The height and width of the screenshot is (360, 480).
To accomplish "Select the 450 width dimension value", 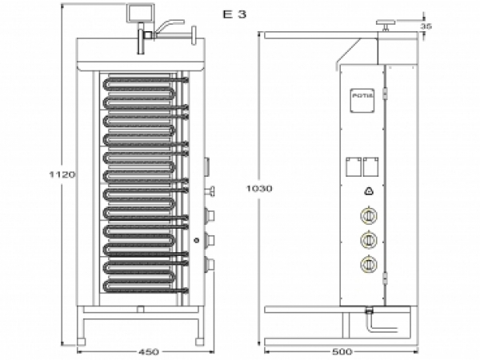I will pyautogui.click(x=146, y=350).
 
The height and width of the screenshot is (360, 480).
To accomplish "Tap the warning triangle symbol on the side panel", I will pyautogui.click(x=369, y=190).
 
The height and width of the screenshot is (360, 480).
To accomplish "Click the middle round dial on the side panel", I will pyautogui.click(x=369, y=239).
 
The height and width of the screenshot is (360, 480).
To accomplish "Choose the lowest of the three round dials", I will pyautogui.click(x=369, y=264).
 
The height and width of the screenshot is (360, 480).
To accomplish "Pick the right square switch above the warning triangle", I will pyautogui.click(x=370, y=166).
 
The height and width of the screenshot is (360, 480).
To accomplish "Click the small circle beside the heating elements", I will pyautogui.click(x=196, y=240).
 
